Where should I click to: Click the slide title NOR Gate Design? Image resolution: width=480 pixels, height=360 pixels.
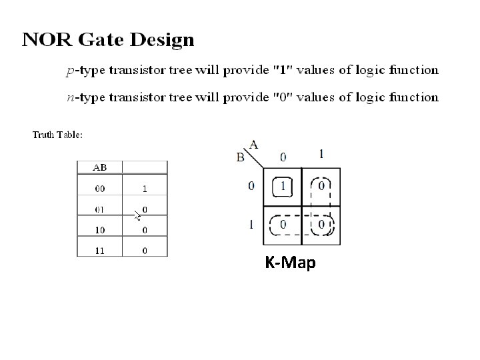coord(108,40)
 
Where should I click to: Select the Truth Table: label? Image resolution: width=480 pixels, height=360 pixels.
coord(58,135)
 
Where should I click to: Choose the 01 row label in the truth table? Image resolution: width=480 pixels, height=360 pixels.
coord(99,210)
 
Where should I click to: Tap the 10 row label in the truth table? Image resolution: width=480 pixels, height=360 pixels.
coord(99,230)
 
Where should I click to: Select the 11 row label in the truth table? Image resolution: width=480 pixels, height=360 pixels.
coord(99,250)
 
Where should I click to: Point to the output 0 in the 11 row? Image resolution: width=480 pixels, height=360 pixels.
coord(145,250)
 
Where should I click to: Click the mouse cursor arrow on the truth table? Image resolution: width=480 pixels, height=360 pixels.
coord(137,215)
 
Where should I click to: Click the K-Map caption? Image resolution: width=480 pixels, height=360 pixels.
coord(290,263)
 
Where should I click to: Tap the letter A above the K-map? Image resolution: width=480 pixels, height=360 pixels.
coord(254,144)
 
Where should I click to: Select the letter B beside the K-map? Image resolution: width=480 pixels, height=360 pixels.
coord(241,158)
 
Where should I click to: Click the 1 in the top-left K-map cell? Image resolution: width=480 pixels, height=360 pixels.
coord(284,186)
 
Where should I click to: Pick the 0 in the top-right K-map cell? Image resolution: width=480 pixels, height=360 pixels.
coord(321,186)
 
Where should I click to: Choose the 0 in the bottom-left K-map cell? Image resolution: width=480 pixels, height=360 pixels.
coord(284,225)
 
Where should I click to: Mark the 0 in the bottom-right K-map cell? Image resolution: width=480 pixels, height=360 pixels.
coord(321,225)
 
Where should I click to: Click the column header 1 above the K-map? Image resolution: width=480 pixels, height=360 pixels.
coord(322,155)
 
